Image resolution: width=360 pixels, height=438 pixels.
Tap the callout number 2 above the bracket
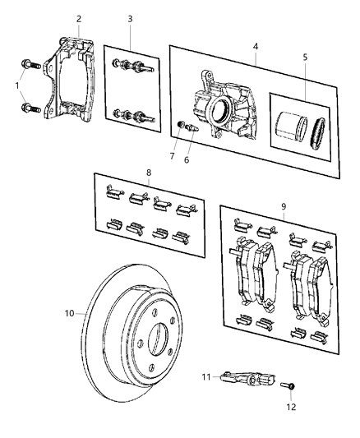pyautogui.click(x=79, y=19)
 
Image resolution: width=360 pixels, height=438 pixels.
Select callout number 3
pyautogui.click(x=129, y=19)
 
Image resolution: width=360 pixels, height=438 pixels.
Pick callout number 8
pyautogui.click(x=147, y=173)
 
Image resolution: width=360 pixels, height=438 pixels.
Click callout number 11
pyautogui.click(x=206, y=376)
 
